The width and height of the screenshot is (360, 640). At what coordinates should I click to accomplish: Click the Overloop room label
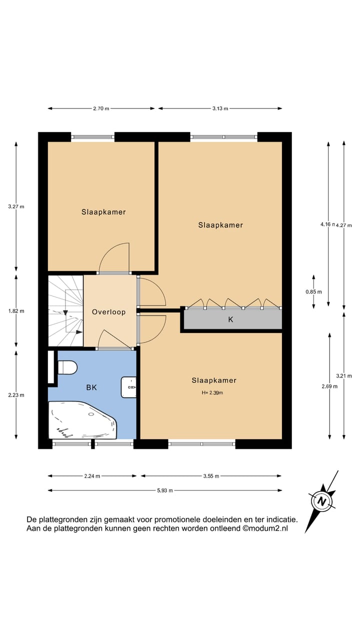pyautogui.click(x=108, y=312)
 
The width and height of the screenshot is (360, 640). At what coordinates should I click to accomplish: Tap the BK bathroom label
pyautogui.click(x=91, y=387)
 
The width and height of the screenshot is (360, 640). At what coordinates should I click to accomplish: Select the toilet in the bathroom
pyautogui.click(x=67, y=368)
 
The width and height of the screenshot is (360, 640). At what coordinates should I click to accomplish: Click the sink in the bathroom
pyautogui.click(x=129, y=387)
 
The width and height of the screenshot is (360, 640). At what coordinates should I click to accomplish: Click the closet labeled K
pyautogui.click(x=231, y=319)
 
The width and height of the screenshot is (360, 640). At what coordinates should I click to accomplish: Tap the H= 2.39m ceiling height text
pyautogui.click(x=212, y=392)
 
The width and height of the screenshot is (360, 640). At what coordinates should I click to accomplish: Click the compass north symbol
pyautogui.click(x=320, y=500)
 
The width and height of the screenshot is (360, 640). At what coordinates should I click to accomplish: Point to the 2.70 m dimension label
pyautogui.click(x=101, y=108)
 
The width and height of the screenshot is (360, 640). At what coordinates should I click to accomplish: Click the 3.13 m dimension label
pyautogui.click(x=219, y=108)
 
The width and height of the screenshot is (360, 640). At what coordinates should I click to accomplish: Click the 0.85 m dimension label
pyautogui.click(x=314, y=292)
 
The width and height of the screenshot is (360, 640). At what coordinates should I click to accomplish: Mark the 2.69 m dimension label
pyautogui.click(x=329, y=386)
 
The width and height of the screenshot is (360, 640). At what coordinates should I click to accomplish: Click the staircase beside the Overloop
pyautogui.click(x=65, y=310)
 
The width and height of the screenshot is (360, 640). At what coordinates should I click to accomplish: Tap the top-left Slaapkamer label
pyautogui.click(x=103, y=212)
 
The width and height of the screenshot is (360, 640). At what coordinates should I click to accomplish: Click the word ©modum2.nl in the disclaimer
pyautogui.click(x=265, y=528)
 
